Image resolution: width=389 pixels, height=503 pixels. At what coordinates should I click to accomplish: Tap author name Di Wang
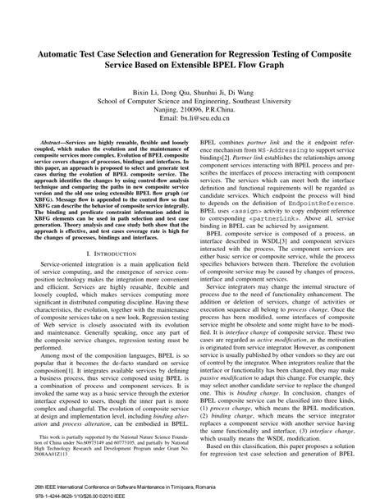(245, 95)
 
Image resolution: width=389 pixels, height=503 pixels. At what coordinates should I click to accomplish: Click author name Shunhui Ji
(209, 95)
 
